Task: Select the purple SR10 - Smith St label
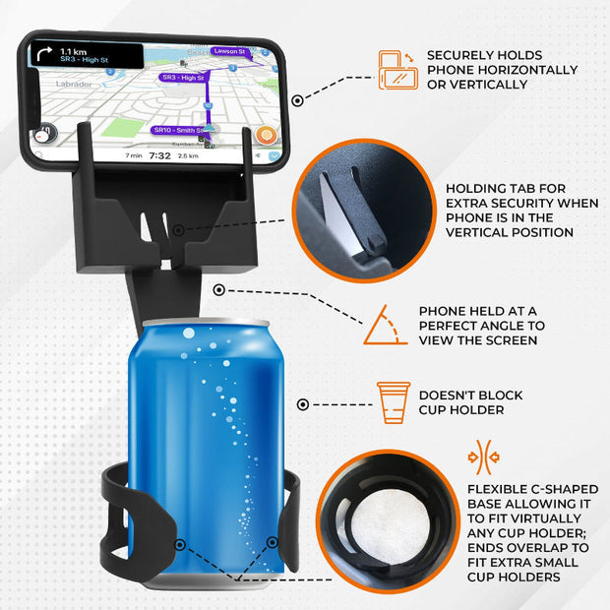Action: coord(178,130)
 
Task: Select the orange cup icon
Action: coord(393,401)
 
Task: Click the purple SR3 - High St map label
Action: coord(183,78)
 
